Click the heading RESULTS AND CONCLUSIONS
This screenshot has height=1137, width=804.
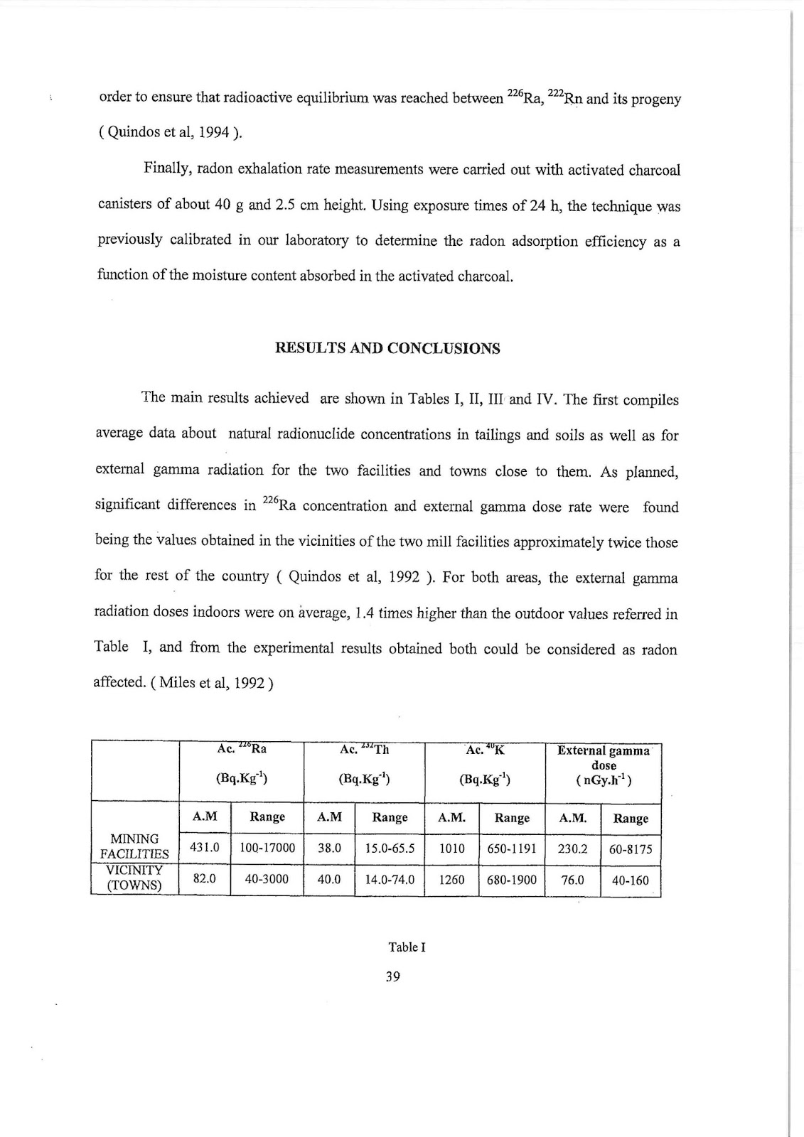point(387,349)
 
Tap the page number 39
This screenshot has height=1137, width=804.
point(392,976)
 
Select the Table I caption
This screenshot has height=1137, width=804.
point(407,947)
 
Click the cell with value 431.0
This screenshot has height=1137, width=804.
point(205,848)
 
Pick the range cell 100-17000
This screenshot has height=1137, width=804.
point(267,848)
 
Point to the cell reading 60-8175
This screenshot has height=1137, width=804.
point(631,849)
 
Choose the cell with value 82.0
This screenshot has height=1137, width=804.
point(205,879)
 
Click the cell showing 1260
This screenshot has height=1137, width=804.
point(451,880)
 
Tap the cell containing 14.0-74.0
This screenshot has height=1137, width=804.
point(390,880)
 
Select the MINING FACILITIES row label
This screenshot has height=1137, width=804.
point(134,846)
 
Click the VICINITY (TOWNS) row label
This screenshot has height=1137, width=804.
point(134,878)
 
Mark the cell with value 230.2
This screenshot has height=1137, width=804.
point(573,848)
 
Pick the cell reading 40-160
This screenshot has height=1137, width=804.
point(631,880)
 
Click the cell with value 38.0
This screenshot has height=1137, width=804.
point(329,848)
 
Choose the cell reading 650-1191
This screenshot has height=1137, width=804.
point(512,848)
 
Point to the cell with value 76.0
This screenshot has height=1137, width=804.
point(572,880)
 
